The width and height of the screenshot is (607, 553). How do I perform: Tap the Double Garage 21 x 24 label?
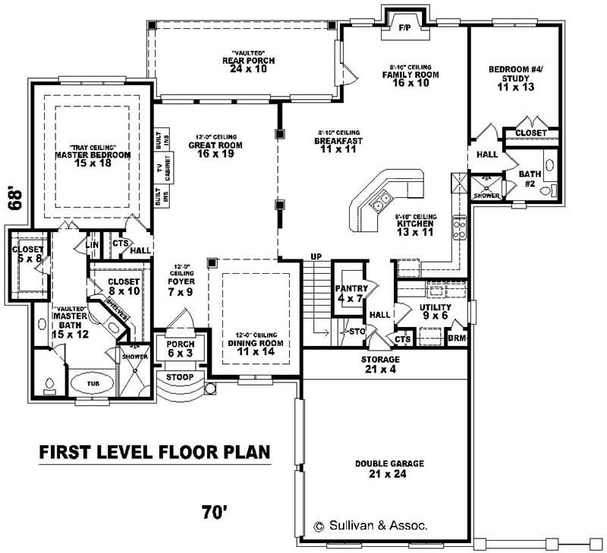point(389,469)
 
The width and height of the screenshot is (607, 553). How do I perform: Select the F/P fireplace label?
point(404,27)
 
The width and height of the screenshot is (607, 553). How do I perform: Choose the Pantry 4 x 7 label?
point(352,294)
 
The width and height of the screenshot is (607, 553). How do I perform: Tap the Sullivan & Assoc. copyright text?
point(371,525)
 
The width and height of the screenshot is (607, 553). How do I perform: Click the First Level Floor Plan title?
point(155,453)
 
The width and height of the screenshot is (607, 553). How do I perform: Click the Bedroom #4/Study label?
point(512,78)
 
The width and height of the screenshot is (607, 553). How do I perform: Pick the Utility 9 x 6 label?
point(435,311)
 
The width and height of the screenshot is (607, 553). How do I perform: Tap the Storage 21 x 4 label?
point(380,364)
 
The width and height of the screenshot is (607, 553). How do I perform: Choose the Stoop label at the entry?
point(179,377)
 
